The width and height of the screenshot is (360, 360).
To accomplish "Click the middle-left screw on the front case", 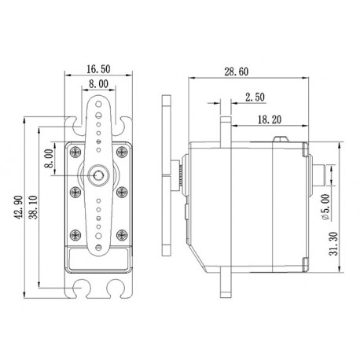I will click(75, 191).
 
